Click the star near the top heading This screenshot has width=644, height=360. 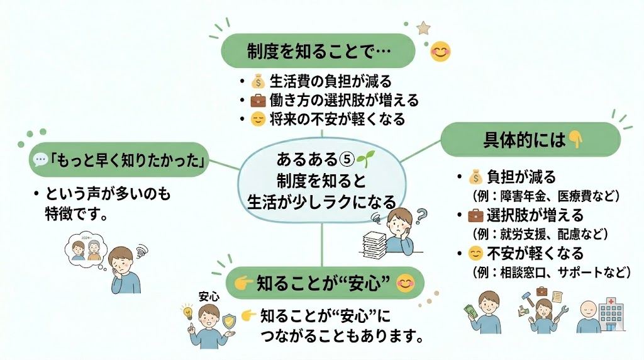[x=423, y=28]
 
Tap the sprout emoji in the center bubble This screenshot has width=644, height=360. [x=365, y=159]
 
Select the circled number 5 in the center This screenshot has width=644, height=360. [x=347, y=159]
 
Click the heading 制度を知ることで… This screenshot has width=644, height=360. [x=319, y=52]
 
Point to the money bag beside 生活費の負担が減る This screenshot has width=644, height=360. [x=258, y=81]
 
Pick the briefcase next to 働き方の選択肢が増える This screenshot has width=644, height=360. [x=258, y=100]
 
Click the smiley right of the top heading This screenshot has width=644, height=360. [x=440, y=52]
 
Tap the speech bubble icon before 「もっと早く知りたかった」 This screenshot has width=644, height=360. [x=40, y=159]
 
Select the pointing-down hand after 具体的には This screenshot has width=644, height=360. [x=575, y=140]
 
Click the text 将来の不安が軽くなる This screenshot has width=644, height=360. [x=337, y=119]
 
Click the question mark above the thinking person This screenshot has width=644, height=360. [x=421, y=216]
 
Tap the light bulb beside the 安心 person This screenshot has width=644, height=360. [x=187, y=312]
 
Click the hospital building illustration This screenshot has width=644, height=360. [x=611, y=315]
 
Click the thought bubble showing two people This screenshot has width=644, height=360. [x=86, y=249]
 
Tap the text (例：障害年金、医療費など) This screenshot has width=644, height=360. [x=546, y=196]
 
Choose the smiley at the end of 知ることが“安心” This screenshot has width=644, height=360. [x=406, y=283]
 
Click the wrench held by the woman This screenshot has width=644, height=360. [x=562, y=313]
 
